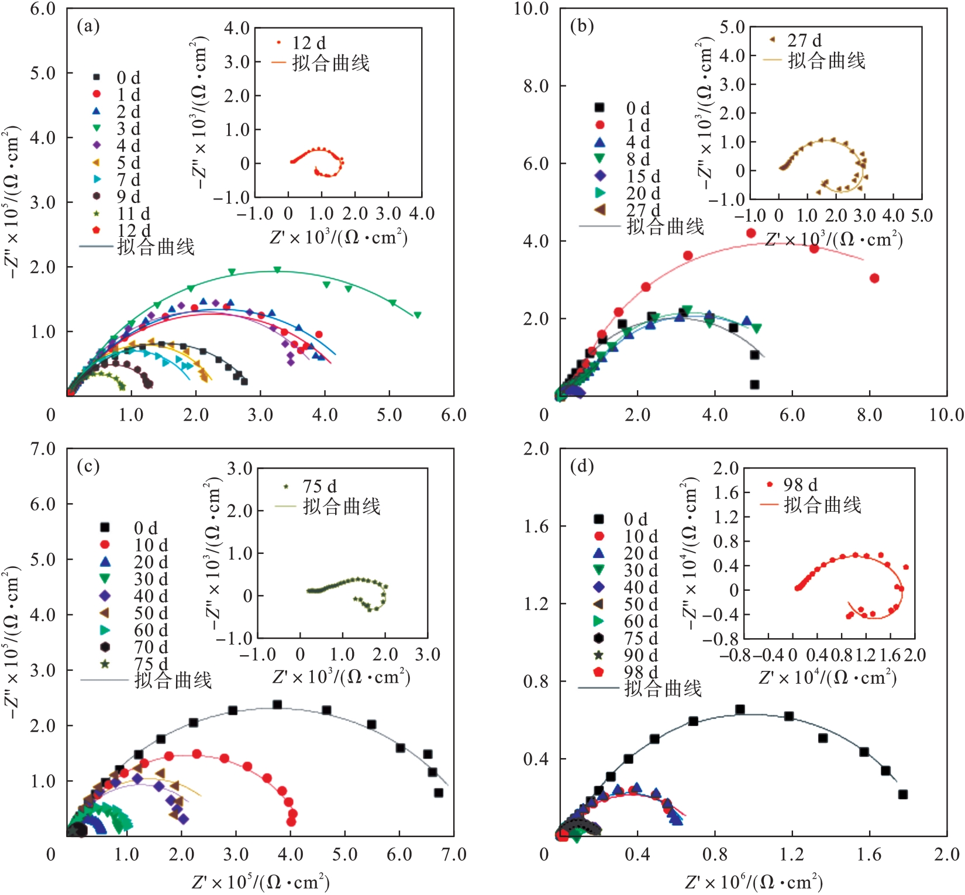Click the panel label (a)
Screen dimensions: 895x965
tap(88, 26)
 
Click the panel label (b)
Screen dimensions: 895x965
tap(581, 26)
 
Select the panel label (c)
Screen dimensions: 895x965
tap(88, 466)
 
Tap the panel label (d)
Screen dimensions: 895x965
tap(581, 466)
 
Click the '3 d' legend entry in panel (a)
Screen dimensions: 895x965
tap(128, 129)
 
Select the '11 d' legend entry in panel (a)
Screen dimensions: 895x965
tap(133, 214)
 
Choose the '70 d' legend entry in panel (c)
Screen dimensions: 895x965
tap(151, 647)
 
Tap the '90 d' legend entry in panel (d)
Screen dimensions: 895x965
tap(641, 655)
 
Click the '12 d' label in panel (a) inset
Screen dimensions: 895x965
tap(309, 43)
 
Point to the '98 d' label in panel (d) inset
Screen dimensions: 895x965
tap(801, 485)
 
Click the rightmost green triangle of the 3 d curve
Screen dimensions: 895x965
tap(418, 315)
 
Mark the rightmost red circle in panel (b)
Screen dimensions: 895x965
tap(874, 278)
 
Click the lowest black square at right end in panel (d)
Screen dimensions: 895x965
tap(903, 794)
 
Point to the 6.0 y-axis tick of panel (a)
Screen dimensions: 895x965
tap(43, 9)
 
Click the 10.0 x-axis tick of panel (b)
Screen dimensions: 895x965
tap(946, 415)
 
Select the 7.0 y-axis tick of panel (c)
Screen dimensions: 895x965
tap(43, 449)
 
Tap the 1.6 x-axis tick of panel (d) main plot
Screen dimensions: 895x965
tap(869, 855)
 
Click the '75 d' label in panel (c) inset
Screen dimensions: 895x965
tap(319, 487)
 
